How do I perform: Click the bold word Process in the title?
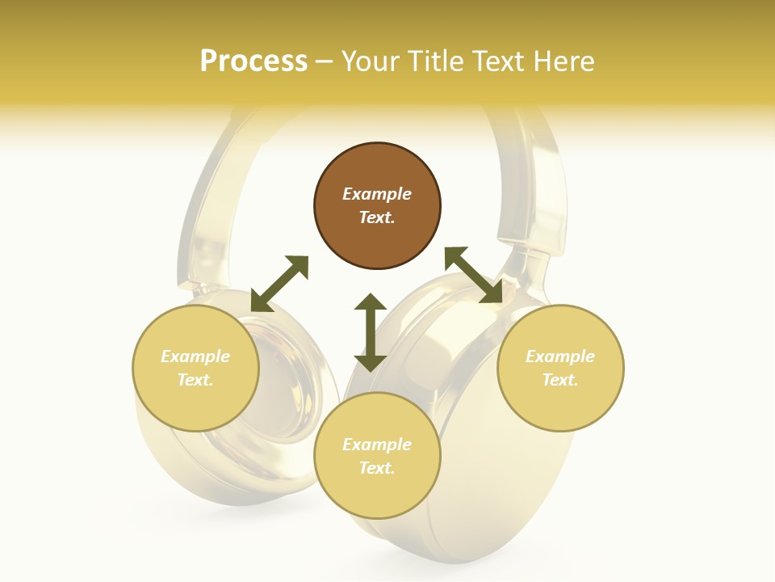pyautogui.click(x=253, y=61)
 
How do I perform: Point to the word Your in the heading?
pyautogui.click(x=372, y=61)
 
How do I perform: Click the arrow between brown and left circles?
pyautogui.click(x=279, y=283)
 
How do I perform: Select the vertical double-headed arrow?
pyautogui.click(x=371, y=332)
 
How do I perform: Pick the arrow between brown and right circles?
pyautogui.click(x=474, y=275)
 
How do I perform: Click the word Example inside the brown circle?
pyautogui.click(x=377, y=194)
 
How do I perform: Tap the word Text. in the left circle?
pyautogui.click(x=195, y=380)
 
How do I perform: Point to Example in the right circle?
pyautogui.click(x=560, y=356)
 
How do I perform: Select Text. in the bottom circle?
pyautogui.click(x=377, y=468)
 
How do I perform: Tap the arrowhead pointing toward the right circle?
pyautogui.click(x=492, y=294)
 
